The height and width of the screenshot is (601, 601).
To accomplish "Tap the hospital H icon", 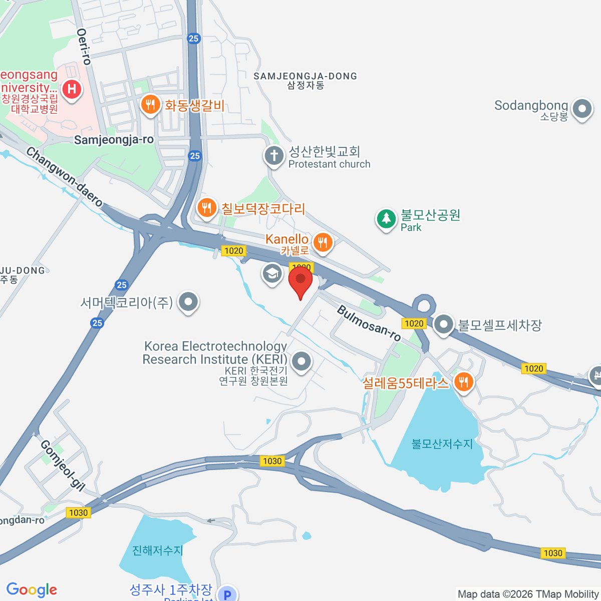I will (72, 90).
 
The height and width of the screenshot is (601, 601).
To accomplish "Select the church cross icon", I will (274, 155).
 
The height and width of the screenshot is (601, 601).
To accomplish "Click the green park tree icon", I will (386, 218).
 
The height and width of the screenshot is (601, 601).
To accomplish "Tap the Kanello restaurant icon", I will (323, 243).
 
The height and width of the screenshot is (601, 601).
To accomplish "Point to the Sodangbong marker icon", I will (582, 108).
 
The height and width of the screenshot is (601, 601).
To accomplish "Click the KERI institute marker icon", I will (302, 361).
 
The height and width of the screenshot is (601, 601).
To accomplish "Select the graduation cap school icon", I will (272, 273).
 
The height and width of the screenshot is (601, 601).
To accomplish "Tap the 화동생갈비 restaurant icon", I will (150, 105).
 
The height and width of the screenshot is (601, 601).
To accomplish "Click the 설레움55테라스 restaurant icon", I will (464, 383).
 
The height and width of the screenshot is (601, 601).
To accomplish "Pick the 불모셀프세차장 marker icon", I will (444, 325).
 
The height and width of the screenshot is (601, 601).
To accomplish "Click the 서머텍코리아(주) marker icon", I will (189, 302).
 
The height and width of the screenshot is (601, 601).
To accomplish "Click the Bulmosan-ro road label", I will (369, 323).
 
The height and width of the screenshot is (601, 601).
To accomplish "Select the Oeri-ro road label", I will (84, 46).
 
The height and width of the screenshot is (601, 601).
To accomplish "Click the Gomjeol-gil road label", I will (63, 465).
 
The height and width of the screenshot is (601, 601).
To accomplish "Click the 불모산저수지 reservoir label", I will (442, 444).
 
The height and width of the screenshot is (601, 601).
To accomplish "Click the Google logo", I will (32, 589).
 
